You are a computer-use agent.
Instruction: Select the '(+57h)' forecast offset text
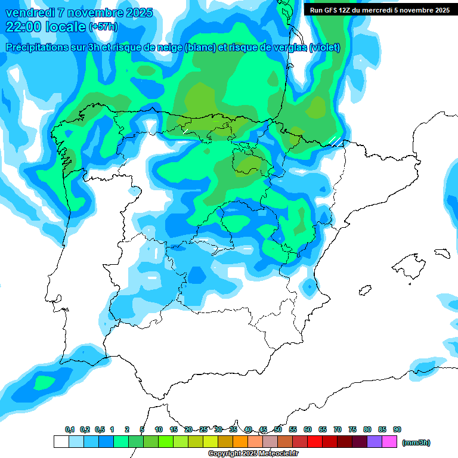[x=103, y=27]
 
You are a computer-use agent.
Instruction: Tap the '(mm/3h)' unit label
[x=416, y=442]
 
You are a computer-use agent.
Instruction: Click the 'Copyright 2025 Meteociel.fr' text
[x=253, y=454]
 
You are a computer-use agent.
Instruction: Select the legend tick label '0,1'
[x=69, y=429]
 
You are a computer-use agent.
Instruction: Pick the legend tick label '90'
[x=397, y=429]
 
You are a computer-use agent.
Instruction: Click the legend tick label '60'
[x=308, y=429]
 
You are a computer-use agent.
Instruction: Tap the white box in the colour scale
[x=61, y=442]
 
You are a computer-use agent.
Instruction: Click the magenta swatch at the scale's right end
[x=389, y=442]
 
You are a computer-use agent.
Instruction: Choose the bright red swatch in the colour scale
[x=315, y=442]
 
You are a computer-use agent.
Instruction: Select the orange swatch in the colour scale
[x=240, y=442]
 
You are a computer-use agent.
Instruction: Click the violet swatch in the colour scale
[x=375, y=442]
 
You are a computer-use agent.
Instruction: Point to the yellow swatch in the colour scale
[x=210, y=442]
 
